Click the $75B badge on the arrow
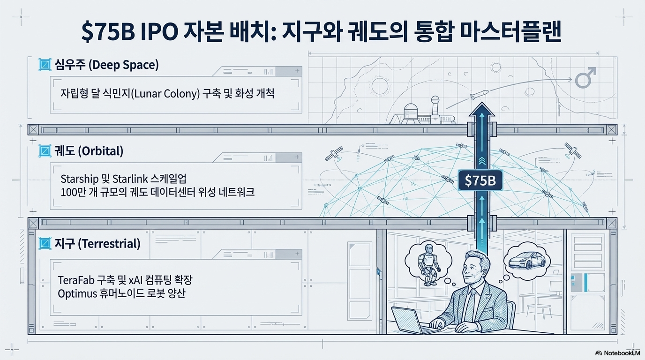point(480,180)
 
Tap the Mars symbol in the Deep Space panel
point(585,78)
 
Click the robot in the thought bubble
point(428,263)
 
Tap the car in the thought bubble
point(526,260)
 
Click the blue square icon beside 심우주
point(45,65)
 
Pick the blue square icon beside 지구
point(45,244)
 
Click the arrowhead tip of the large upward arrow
point(480,105)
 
